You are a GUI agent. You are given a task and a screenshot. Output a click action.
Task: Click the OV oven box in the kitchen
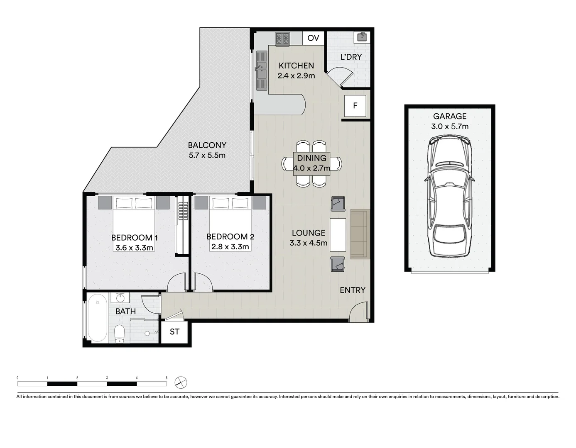point(313,38)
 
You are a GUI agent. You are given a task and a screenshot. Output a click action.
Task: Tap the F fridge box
point(355,106)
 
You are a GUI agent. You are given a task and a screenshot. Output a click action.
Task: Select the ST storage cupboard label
point(174,332)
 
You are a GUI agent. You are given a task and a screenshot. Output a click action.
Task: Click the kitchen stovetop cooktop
point(282,39)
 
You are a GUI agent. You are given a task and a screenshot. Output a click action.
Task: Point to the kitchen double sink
point(261,71)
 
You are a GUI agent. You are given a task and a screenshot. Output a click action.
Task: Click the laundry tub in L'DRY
point(362,37)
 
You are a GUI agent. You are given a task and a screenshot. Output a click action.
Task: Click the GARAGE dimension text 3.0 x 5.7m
point(450,127)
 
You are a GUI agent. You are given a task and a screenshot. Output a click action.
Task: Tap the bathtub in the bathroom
point(98,317)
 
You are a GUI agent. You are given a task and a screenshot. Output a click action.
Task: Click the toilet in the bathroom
point(120,334)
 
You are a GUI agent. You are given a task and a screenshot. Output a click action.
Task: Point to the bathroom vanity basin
point(120,297)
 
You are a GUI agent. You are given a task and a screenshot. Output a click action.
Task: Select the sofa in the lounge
point(360,234)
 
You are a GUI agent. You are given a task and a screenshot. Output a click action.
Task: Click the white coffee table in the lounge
point(338,235)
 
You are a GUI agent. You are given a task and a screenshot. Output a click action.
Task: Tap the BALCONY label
point(207,145)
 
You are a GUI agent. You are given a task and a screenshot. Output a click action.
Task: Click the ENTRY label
point(353,290)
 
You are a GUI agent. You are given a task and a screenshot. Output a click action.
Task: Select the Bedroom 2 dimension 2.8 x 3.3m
point(230,247)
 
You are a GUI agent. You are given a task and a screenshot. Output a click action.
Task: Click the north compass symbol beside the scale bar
point(181,382)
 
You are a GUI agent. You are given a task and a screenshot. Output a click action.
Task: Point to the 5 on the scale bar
point(167,378)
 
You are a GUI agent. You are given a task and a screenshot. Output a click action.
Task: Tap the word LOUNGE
point(308,233)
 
